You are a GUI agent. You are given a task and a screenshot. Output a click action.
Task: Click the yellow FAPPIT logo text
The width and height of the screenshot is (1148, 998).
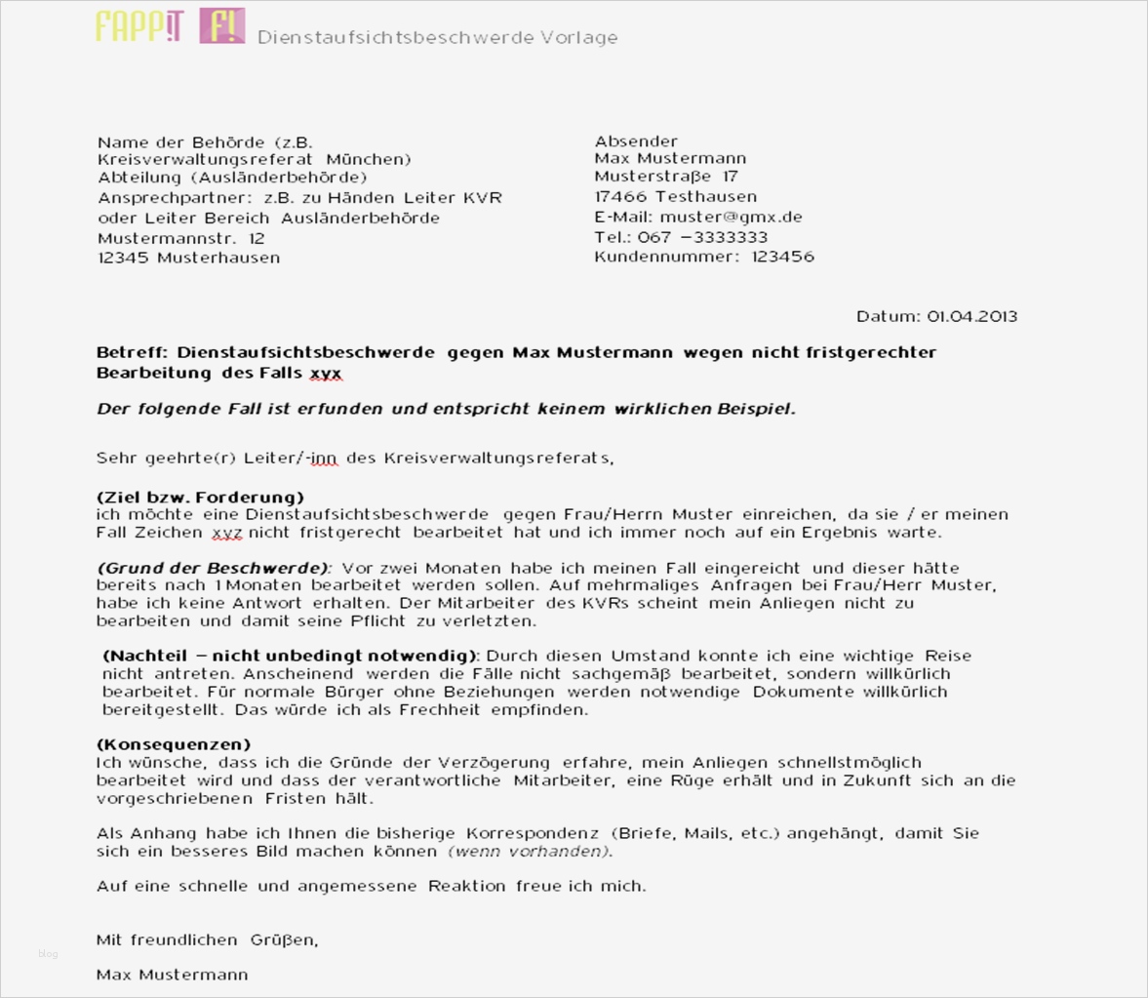[139, 26]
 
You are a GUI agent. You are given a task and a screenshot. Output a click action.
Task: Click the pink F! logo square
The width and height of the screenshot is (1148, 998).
[222, 26]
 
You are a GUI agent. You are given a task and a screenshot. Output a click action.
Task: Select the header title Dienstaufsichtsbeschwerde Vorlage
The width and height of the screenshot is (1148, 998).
[437, 37]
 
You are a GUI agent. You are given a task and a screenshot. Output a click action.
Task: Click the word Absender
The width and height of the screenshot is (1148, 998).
[636, 141]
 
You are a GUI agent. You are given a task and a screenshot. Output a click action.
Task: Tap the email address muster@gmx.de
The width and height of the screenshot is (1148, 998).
[731, 218]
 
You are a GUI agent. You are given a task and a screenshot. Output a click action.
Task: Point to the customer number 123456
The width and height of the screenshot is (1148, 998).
[782, 257]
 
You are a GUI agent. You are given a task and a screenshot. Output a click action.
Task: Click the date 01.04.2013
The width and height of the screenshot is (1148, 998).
[971, 316]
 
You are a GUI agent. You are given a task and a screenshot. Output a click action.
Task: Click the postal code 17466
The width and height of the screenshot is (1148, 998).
[619, 196]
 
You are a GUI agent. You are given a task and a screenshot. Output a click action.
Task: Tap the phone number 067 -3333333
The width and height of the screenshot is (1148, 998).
[702, 237]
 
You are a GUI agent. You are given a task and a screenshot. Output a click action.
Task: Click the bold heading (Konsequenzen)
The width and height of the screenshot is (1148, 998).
[174, 744]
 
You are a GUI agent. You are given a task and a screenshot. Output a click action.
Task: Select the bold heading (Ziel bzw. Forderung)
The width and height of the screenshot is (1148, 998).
[200, 497]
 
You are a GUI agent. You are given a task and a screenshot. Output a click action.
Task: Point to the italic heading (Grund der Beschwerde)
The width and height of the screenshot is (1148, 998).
[214, 568]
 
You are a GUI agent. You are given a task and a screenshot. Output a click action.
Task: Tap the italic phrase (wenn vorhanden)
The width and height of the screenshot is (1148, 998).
[530, 851]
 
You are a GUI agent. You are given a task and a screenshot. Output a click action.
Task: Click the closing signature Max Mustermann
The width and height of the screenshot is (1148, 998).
[172, 975]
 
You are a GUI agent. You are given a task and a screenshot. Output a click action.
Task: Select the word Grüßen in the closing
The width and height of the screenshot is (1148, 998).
[283, 940]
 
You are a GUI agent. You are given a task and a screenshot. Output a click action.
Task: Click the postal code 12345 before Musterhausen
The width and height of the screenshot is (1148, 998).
[123, 258]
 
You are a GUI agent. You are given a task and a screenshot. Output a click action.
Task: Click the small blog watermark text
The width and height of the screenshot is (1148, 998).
[48, 953]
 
